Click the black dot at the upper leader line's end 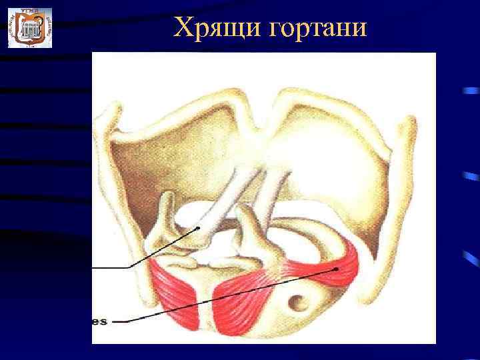199,227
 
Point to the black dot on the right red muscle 337,269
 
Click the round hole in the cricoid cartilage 295,303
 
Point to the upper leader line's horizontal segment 110,267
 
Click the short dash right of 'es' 122,321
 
